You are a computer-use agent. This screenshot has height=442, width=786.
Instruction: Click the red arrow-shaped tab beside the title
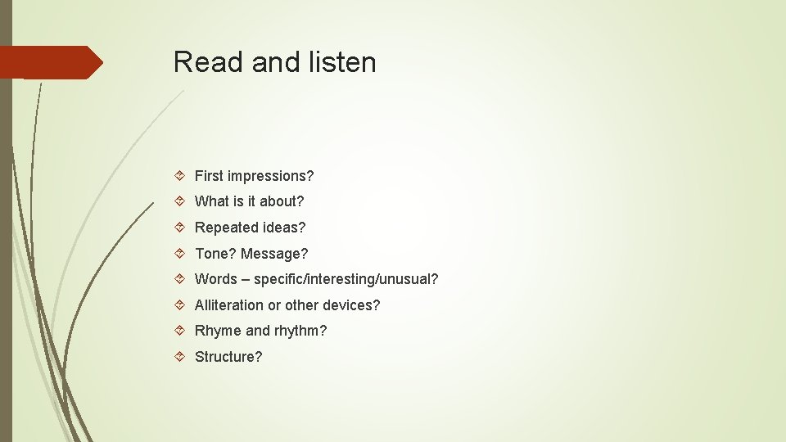click(x=49, y=62)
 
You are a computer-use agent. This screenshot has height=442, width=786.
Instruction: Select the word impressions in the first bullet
click(x=270, y=176)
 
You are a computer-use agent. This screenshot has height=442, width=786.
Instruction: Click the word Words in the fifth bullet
click(x=216, y=279)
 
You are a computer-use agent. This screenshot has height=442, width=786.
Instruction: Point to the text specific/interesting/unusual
click(x=346, y=279)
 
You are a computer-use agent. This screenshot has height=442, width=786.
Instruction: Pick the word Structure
click(x=228, y=357)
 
